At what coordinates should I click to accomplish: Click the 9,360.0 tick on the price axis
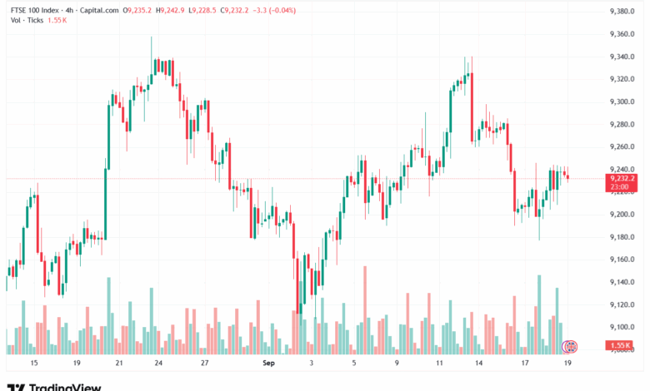coord(622,34)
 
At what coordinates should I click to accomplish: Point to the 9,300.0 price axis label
coord(622,101)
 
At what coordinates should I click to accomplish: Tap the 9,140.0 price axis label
coord(622,282)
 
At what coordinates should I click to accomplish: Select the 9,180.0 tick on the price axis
coord(622,237)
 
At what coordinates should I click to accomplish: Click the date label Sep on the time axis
coord(268,364)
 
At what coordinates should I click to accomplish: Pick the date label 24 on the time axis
coord(157,364)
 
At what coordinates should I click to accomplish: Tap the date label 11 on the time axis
coord(439,364)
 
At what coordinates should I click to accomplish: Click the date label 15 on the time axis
coord(33,364)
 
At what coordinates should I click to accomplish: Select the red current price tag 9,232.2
coord(622,178)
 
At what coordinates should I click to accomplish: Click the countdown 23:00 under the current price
coord(619,187)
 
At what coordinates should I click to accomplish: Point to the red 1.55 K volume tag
coord(621,345)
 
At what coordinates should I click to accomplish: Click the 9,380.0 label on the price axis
coord(622,12)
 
